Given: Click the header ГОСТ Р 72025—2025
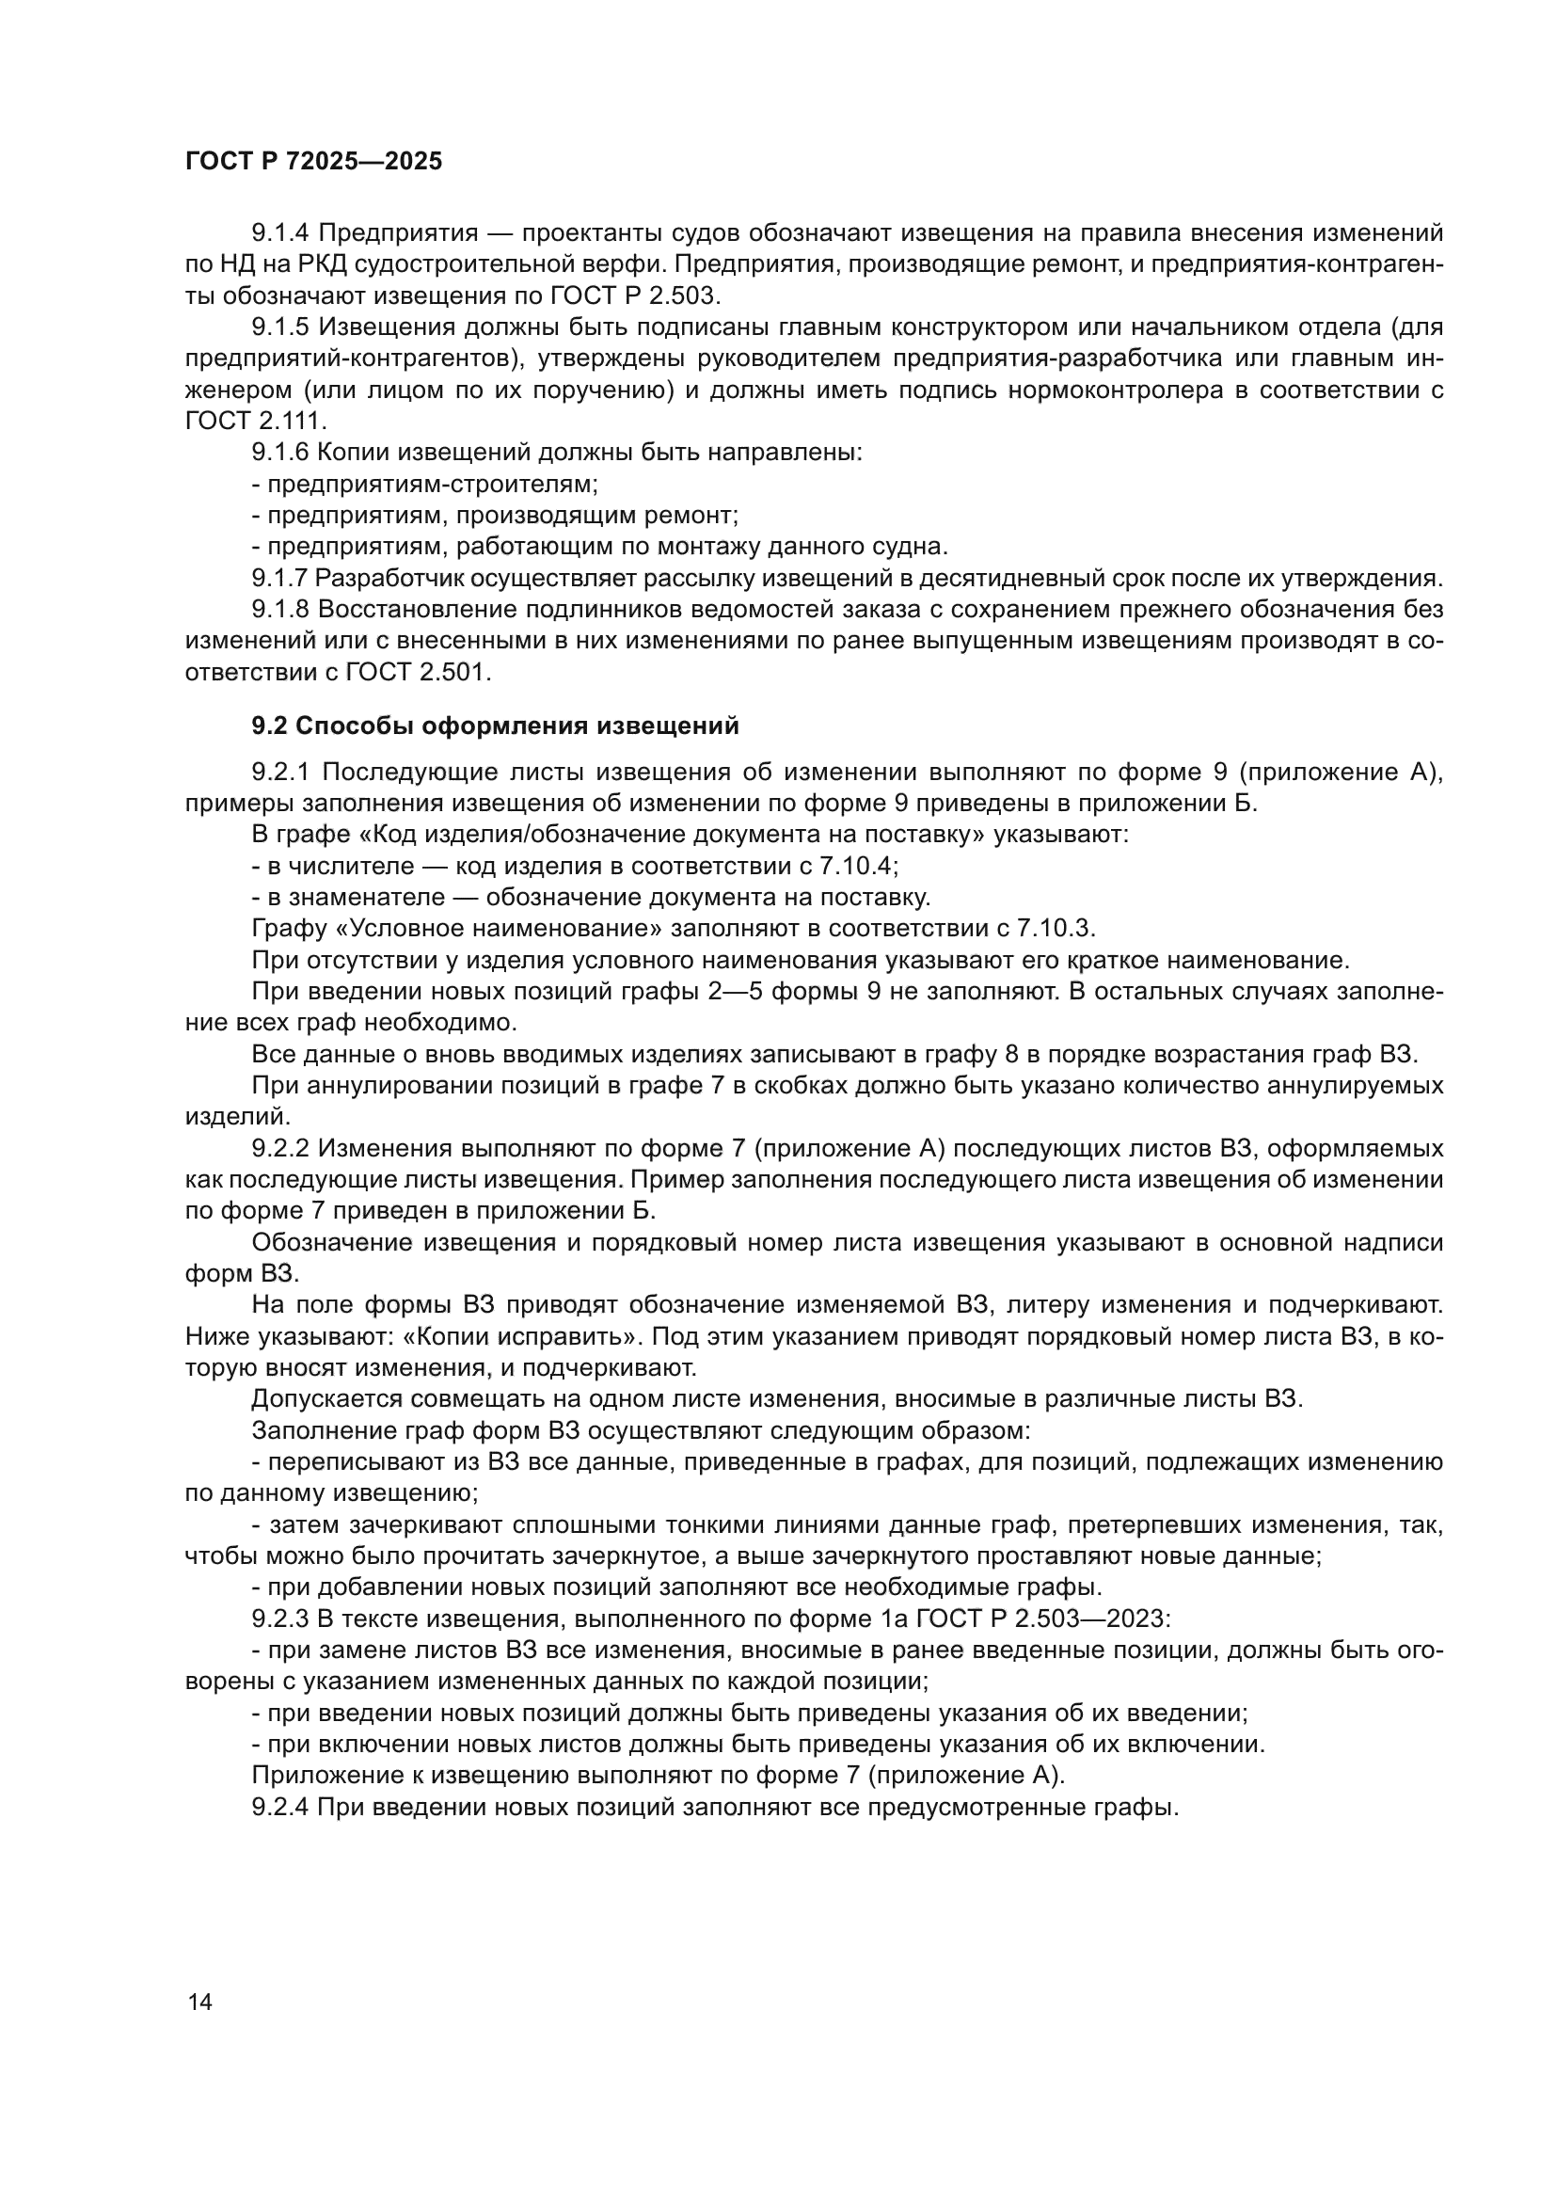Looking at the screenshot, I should pyautogui.click(x=314, y=161).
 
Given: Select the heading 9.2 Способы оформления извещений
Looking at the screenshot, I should pyautogui.click(x=496, y=726).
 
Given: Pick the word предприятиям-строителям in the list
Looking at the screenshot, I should pyautogui.click(x=433, y=485).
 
